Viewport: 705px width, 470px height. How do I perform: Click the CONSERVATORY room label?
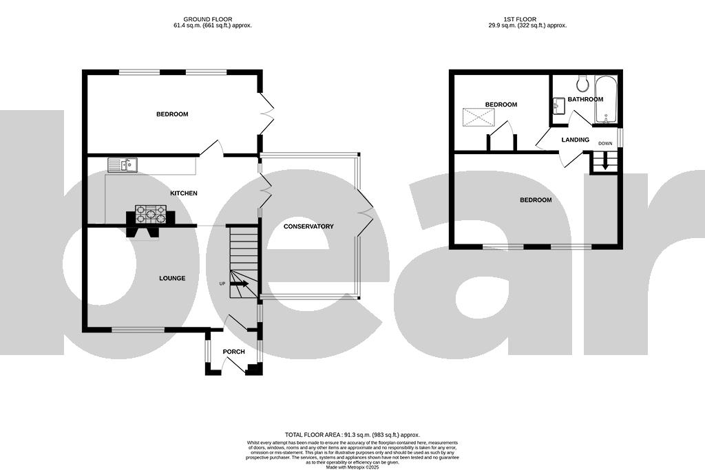[x=308, y=226]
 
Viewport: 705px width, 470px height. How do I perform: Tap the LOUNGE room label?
[x=172, y=278]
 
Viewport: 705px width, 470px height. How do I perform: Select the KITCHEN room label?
[x=184, y=193]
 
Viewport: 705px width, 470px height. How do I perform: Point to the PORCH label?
[x=233, y=352]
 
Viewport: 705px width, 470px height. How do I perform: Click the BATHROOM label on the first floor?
[x=585, y=99]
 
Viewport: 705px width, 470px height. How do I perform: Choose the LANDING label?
[x=575, y=140]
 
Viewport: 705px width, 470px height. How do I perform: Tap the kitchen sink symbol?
[x=123, y=164]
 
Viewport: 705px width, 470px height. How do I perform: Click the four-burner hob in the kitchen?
[x=151, y=214]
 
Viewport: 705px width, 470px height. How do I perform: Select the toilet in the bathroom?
[x=583, y=83]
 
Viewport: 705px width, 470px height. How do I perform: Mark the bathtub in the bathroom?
[x=608, y=100]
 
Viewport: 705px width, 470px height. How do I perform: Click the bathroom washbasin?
[x=558, y=105]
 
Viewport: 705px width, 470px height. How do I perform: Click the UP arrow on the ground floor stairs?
[x=238, y=283]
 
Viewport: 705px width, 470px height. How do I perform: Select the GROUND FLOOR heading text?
[x=213, y=19]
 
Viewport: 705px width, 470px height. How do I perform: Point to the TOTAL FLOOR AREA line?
[x=352, y=435]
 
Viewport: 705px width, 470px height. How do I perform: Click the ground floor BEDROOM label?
[x=171, y=114]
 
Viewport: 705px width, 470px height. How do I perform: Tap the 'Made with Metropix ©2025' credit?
[x=352, y=467]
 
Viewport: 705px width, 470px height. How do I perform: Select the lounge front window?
[x=138, y=330]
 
